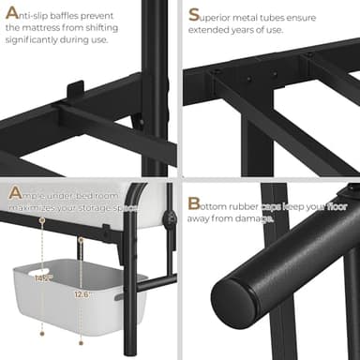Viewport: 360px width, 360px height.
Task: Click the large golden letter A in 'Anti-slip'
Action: point(11,13)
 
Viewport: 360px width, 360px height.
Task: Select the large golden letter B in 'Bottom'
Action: point(193,202)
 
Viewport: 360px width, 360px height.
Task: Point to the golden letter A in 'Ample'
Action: point(13,194)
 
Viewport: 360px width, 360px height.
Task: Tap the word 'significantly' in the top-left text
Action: point(37,39)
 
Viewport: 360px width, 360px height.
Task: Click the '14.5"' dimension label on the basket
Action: point(41,278)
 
